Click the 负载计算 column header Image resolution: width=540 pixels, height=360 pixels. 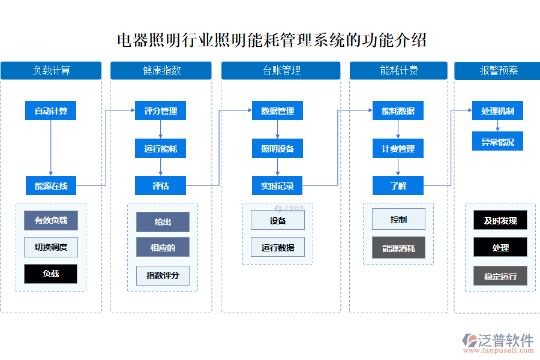51,70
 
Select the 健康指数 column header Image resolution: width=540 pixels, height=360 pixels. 161,70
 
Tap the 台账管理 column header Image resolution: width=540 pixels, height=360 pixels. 281,70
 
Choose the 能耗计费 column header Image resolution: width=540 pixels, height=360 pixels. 398,70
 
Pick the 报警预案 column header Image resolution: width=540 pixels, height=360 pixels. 498,70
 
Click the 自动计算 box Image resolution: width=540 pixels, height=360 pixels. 51,111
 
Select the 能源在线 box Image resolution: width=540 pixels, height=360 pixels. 51,186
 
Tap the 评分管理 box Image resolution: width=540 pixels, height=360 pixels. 160,111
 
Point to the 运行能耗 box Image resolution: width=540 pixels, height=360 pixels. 160,148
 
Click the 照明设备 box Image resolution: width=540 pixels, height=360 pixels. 277,148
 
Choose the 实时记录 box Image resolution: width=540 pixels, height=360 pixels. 277,186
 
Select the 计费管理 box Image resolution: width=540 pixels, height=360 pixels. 398,148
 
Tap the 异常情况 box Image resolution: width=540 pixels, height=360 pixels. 497,142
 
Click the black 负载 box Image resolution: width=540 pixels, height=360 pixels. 51,274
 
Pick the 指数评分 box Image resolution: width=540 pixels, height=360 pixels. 163,275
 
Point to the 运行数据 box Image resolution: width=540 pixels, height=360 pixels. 277,247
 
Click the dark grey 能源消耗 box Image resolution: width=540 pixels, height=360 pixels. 398,248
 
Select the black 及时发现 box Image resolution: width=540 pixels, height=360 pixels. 500,220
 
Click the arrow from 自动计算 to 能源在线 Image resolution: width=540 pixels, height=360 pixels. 51,148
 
